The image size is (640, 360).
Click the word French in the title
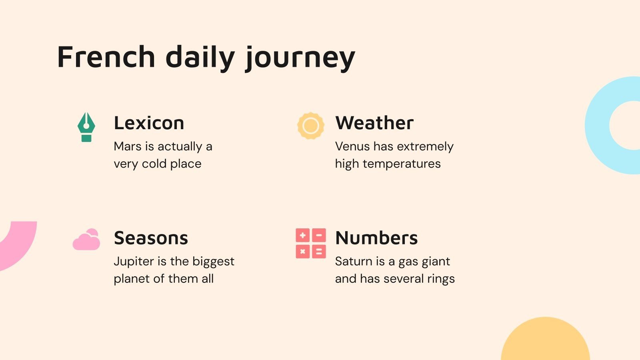[x=106, y=57]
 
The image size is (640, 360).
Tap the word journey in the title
[x=300, y=58]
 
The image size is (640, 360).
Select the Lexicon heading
[x=149, y=123]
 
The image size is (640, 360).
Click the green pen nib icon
[x=86, y=127]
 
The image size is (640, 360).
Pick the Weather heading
[x=374, y=123]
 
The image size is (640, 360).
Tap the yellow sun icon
[x=310, y=126]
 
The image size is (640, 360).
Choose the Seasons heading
[x=151, y=238]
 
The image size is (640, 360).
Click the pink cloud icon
[x=86, y=240]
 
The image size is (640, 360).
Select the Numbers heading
[x=376, y=238]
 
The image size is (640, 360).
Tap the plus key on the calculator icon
[x=303, y=236]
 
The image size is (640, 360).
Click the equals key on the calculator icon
[x=319, y=252]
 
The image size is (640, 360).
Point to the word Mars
[x=128, y=146]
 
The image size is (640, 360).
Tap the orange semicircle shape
[x=545, y=340]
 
